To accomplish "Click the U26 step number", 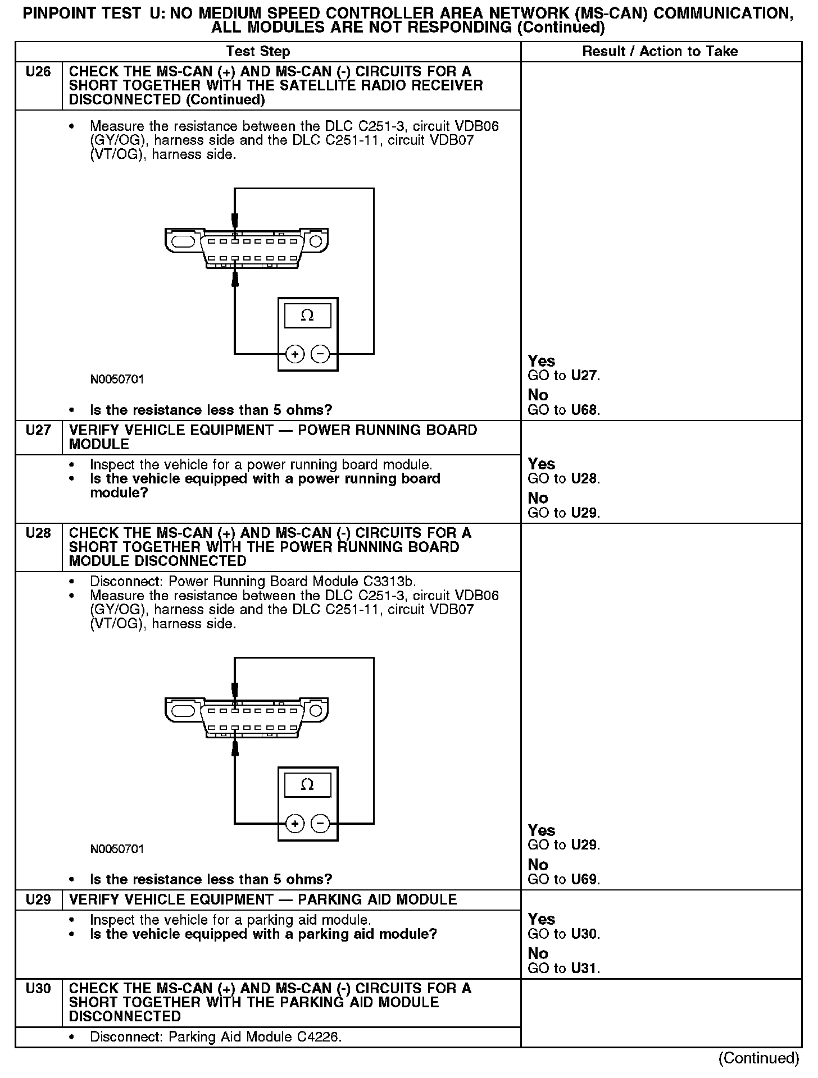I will (x=38, y=72).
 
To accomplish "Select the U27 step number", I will (x=38, y=431).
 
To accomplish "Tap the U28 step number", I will (x=38, y=533).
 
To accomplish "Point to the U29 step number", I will (x=38, y=899).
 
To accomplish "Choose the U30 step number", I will (x=38, y=989).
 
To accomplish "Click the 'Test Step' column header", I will (x=258, y=52).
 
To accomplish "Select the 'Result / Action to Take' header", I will (x=660, y=52).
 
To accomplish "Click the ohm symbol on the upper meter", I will (x=307, y=316).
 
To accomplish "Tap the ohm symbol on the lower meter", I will (x=307, y=785).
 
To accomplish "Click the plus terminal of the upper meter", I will (x=295, y=354).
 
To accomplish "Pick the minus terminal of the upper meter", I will (x=320, y=354).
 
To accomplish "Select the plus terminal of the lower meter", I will (x=295, y=824).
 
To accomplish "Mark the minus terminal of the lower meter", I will (x=320, y=824).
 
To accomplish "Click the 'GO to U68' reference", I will (x=563, y=410).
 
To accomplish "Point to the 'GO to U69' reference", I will (x=563, y=880).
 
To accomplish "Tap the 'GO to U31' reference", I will (x=563, y=969).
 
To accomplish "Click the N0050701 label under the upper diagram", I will (x=117, y=380).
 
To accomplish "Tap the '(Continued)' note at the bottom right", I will (x=758, y=1058).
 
